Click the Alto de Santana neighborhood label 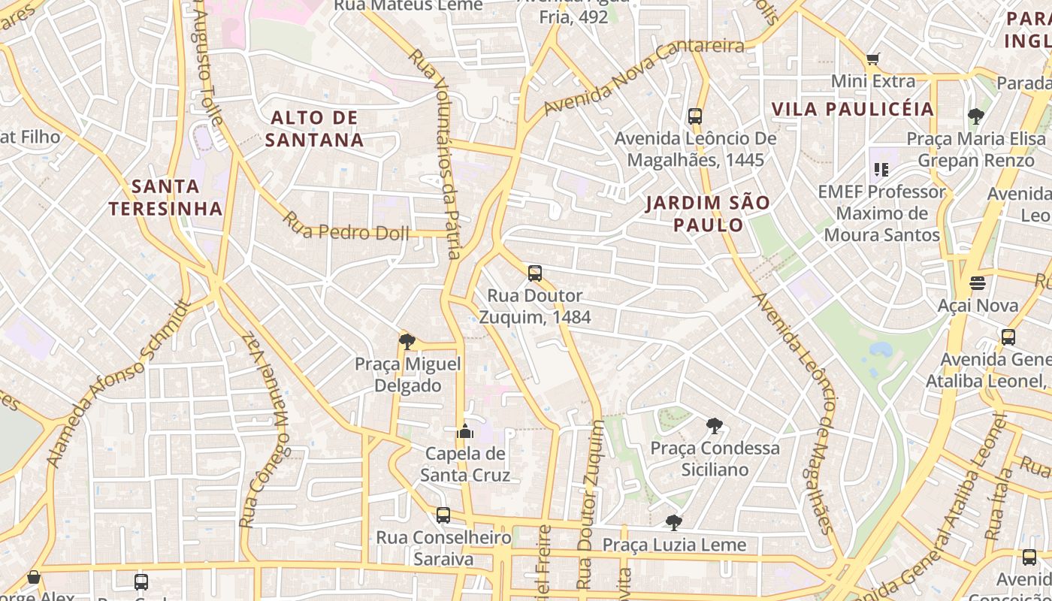pyautogui.click(x=314, y=128)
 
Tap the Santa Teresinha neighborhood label pyautogui.click(x=166, y=198)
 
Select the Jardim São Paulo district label pyautogui.click(x=708, y=213)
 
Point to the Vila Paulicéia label pyautogui.click(x=853, y=109)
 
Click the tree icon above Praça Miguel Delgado pyautogui.click(x=407, y=343)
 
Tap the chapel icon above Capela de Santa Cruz pyautogui.click(x=465, y=431)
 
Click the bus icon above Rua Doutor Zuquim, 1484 pyautogui.click(x=534, y=273)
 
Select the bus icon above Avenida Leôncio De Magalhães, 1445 pyautogui.click(x=695, y=116)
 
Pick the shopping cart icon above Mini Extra pyautogui.click(x=872, y=59)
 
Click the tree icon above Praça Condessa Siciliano pyautogui.click(x=715, y=426)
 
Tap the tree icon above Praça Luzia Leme pyautogui.click(x=674, y=522)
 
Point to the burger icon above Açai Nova pyautogui.click(x=978, y=283)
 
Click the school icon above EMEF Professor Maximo pyautogui.click(x=881, y=170)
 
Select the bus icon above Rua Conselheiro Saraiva pyautogui.click(x=443, y=515)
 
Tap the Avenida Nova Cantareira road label pyautogui.click(x=643, y=77)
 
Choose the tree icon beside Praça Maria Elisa pyautogui.click(x=976, y=116)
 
